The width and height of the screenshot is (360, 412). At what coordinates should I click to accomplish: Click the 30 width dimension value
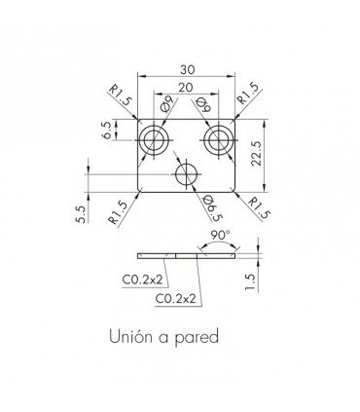(x=187, y=69)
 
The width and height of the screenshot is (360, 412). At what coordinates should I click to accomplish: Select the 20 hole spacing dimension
(x=185, y=88)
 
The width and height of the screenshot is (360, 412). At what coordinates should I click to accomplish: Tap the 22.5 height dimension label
(x=256, y=154)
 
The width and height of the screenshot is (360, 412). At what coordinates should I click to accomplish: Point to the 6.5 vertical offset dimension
(x=107, y=131)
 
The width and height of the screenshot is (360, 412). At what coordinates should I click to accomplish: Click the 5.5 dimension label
(x=81, y=214)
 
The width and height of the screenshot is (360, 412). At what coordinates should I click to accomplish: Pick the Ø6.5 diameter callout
(x=212, y=208)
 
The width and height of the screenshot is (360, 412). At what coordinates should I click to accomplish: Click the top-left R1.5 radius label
(x=120, y=94)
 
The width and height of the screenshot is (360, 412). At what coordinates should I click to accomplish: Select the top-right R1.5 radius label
(x=249, y=94)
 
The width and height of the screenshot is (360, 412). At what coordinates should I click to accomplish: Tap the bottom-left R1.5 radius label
(x=119, y=212)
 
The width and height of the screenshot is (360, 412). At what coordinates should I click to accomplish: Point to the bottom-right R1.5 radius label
(x=259, y=208)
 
